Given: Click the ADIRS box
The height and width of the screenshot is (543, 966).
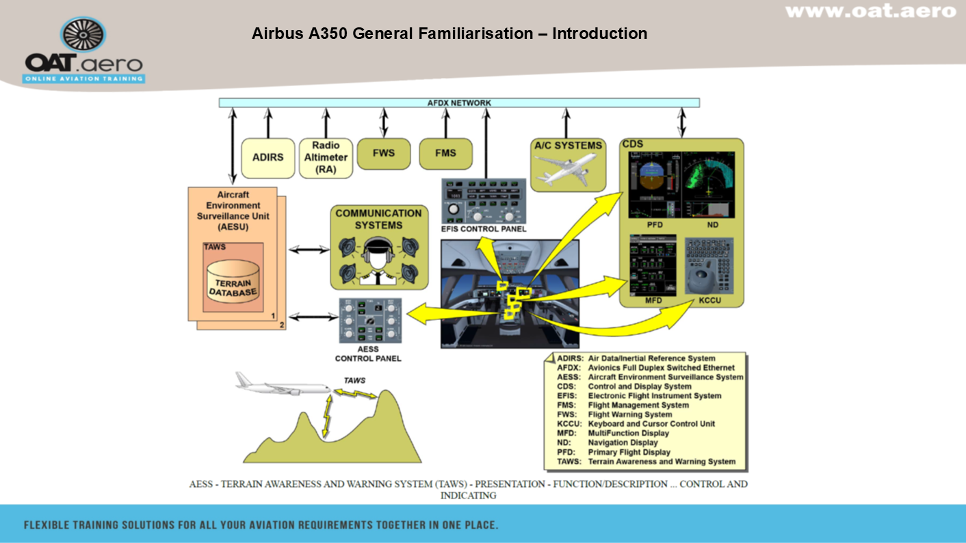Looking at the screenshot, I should (x=267, y=158).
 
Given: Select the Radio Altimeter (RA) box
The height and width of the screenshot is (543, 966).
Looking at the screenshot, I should (x=325, y=158).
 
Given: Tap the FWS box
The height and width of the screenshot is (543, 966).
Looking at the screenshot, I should (x=383, y=153).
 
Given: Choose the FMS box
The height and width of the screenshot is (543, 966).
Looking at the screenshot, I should (x=445, y=153).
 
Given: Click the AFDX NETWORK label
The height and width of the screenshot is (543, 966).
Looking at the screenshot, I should (x=459, y=103).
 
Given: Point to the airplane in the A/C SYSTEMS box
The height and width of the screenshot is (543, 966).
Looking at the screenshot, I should (x=566, y=168).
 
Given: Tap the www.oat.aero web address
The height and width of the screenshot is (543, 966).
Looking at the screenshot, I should (x=870, y=11).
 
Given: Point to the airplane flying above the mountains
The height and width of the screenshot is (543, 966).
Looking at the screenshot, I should (x=283, y=386).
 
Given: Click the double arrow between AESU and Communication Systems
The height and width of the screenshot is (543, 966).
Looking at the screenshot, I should (x=309, y=250).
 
